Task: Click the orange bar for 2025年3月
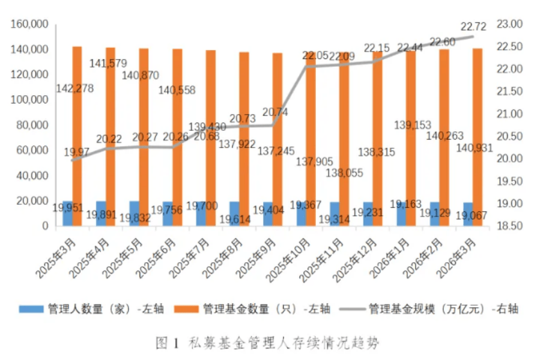77,135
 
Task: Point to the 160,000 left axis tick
30,24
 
